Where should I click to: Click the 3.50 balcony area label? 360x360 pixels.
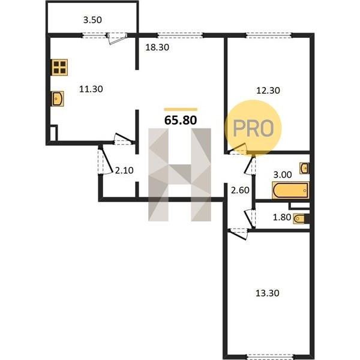(x=92, y=20)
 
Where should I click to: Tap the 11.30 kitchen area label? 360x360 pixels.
(x=91, y=89)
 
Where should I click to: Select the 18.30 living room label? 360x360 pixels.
(x=157, y=47)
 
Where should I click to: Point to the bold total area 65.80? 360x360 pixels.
(x=181, y=120)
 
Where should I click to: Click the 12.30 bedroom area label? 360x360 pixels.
(x=268, y=91)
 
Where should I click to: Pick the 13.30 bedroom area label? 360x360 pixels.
(x=268, y=293)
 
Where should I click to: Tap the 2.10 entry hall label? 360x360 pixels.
(x=124, y=170)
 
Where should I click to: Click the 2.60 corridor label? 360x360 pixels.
(x=240, y=190)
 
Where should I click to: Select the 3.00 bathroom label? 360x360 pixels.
(x=283, y=175)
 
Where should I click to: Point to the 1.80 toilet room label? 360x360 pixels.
(x=282, y=217)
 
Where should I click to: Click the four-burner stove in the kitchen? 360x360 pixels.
(x=59, y=67)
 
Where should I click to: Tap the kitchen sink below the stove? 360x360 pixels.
(x=58, y=99)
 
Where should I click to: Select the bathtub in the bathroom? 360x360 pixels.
(x=290, y=190)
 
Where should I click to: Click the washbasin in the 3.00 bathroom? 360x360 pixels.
(x=304, y=168)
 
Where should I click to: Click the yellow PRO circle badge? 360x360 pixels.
(x=253, y=128)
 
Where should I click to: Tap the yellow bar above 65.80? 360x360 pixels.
(x=181, y=110)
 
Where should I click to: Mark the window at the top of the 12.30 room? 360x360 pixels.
(x=269, y=35)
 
